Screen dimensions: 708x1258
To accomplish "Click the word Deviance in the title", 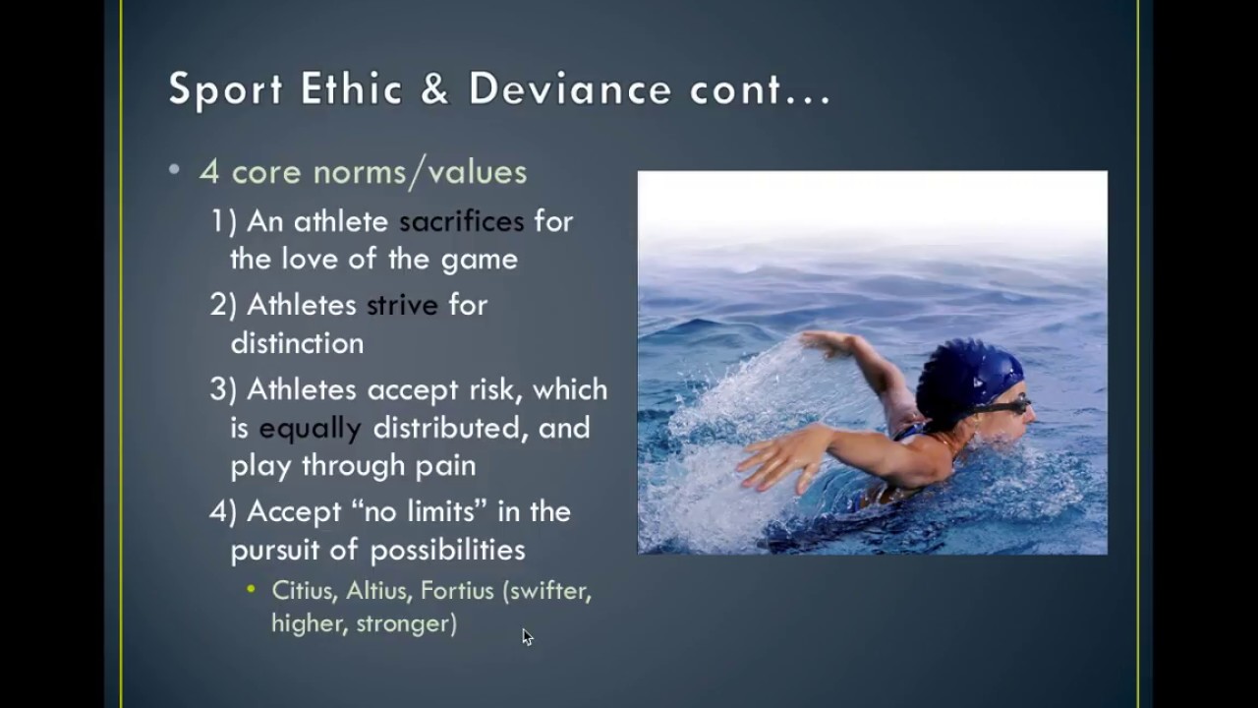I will [x=569, y=88].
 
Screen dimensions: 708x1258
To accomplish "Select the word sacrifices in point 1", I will [x=461, y=221].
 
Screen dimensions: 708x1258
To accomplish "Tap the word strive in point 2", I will [x=402, y=305].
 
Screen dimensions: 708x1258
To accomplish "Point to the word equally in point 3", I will [x=310, y=428].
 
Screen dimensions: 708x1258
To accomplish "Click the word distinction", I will [x=297, y=343].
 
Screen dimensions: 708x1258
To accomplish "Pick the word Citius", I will [x=302, y=591].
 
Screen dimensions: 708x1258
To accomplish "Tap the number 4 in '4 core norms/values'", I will [x=208, y=172].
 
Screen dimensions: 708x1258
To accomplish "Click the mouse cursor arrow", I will [x=527, y=637].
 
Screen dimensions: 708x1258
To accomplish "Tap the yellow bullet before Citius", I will [x=252, y=590].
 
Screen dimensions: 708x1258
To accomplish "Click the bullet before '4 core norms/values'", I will [x=175, y=171].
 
